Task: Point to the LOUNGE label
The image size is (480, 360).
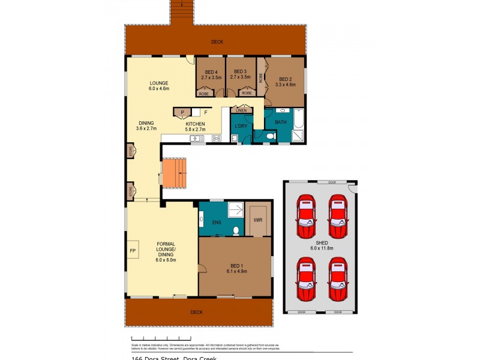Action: (x=159, y=83)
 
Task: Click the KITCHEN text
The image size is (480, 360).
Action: (x=195, y=124)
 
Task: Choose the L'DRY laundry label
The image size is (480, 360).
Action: (x=241, y=125)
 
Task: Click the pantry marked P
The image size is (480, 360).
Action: (x=182, y=112)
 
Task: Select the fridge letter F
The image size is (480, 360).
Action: (x=205, y=112)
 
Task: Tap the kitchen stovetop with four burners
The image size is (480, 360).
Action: (x=216, y=139)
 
